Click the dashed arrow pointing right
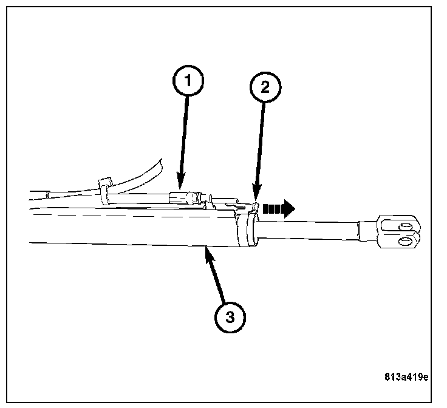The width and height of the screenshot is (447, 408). [281, 209]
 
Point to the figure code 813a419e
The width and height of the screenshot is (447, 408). [406, 377]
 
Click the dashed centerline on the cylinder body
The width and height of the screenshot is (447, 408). [121, 216]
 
